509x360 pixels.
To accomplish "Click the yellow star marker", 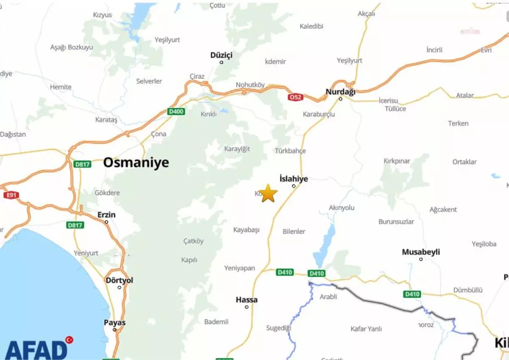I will tap(268, 193).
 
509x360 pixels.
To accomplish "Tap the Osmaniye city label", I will tap(136, 162).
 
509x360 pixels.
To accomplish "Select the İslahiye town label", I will tap(294, 179).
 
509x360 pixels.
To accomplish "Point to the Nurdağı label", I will tap(340, 92).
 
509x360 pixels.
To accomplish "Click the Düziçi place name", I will tap(221, 55).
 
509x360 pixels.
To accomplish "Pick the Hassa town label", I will tap(246, 300).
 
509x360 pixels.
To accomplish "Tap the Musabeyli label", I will tap(421, 252).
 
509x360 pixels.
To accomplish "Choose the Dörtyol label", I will tap(119, 280).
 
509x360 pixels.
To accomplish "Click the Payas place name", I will tap(115, 323).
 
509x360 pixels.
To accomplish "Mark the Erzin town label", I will tap(106, 215).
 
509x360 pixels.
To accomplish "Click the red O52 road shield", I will tap(295, 97).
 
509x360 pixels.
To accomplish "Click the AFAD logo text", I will tap(36, 350).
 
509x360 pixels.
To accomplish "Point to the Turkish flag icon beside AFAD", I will tap(69, 340).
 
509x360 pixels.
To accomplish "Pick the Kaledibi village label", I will tap(311, 26).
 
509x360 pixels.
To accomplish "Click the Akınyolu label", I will tap(341, 208).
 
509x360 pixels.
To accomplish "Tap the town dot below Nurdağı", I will tap(340, 99).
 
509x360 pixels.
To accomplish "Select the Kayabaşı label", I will tap(246, 230).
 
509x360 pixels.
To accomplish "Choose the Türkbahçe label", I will tap(290, 151).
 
